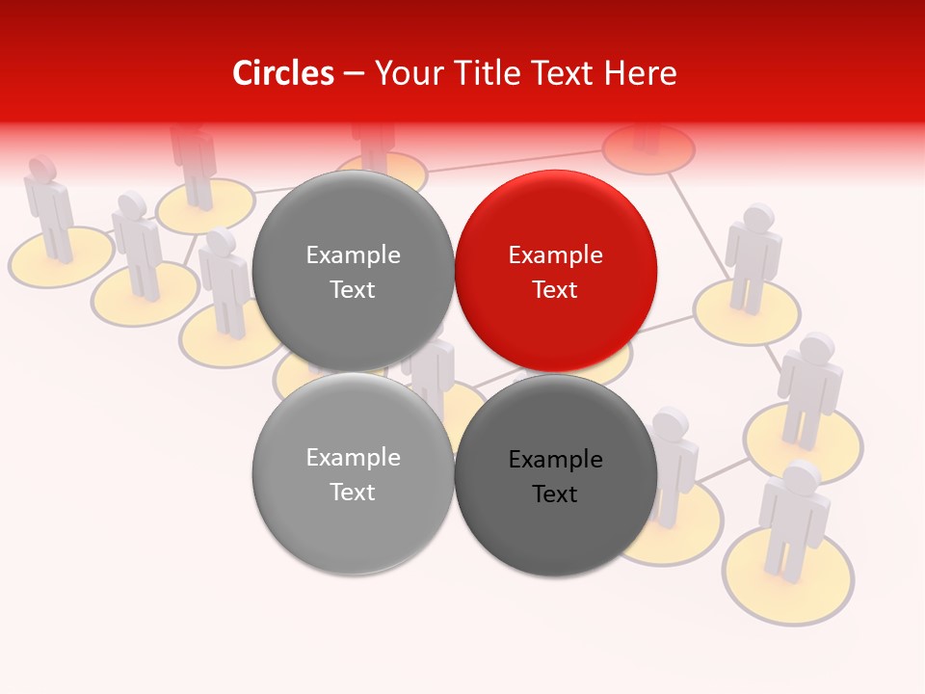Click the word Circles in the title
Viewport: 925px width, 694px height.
point(282,73)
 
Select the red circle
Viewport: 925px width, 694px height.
point(555,271)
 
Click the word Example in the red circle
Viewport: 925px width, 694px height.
point(555,255)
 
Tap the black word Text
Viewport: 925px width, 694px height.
point(555,494)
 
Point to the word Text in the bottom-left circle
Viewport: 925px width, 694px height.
point(353,492)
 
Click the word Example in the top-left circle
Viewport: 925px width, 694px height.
point(353,255)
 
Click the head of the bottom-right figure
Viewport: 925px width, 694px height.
point(802,477)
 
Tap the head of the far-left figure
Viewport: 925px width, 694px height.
point(41,168)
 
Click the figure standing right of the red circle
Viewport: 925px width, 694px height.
point(753,255)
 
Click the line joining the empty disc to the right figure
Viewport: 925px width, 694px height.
point(696,222)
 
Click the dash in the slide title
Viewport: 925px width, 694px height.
point(354,74)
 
